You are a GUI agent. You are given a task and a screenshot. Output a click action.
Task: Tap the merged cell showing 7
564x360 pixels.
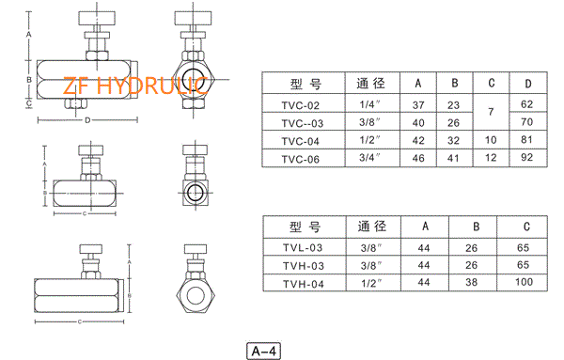pos(491,114)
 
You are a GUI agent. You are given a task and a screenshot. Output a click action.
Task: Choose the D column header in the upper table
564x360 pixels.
pos(528,82)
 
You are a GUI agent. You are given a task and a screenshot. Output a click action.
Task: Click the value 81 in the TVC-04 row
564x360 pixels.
pos(528,141)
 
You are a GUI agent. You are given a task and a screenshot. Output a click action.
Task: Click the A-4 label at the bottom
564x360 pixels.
pos(263,351)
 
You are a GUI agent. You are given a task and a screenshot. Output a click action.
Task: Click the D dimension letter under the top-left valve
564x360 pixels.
pos(87,121)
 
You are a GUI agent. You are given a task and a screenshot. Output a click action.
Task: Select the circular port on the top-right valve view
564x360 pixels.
pos(196,81)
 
